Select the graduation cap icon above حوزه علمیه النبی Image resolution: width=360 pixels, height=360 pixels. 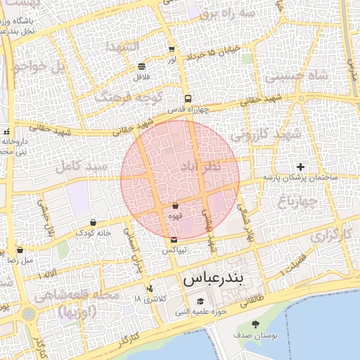200,301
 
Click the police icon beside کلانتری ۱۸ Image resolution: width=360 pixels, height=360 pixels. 150,288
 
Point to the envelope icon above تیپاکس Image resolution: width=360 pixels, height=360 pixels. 174,240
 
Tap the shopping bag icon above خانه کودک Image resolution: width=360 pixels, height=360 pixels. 93,222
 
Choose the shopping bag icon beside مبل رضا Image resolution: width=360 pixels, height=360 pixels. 20,250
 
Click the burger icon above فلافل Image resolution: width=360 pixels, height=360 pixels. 143,65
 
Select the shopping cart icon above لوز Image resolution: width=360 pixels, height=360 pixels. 172,49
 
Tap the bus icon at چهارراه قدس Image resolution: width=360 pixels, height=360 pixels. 188,99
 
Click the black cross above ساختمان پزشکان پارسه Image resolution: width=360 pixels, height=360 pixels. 301,167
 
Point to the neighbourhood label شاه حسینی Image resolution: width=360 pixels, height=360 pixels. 301,74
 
